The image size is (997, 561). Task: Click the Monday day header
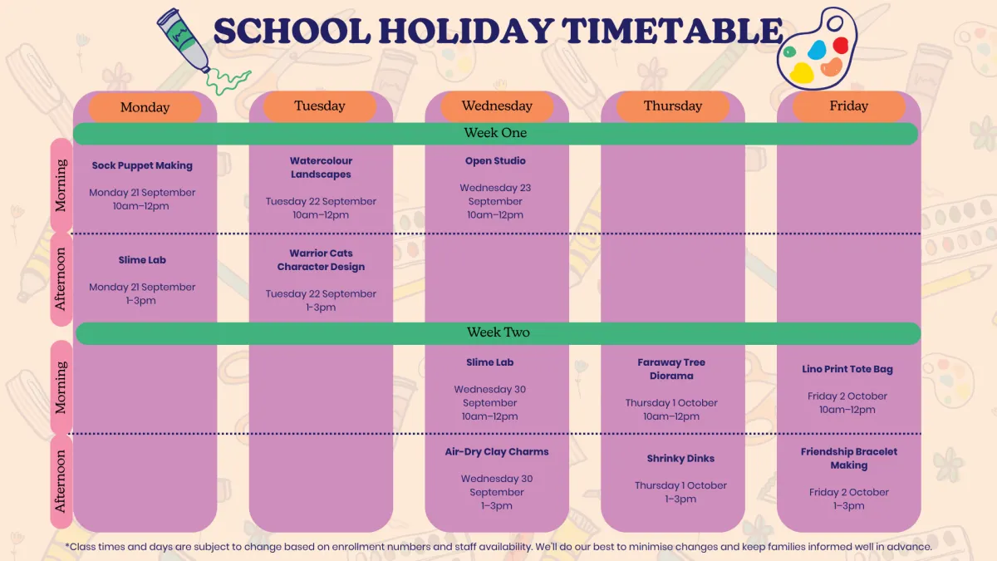click(145, 107)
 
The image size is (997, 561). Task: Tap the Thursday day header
click(672, 106)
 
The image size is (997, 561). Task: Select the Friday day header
click(849, 106)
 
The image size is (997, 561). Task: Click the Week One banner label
click(495, 133)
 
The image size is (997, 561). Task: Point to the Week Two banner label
click(498, 332)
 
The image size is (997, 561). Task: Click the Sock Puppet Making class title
click(142, 165)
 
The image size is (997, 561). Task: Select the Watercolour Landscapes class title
click(321, 167)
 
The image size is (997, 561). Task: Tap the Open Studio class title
click(495, 160)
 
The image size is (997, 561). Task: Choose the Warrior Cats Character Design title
click(321, 260)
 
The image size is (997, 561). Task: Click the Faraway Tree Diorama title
click(671, 369)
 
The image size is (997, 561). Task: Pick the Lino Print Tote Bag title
click(847, 369)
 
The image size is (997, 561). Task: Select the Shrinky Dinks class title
click(680, 459)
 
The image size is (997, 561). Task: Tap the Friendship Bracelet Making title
click(849, 459)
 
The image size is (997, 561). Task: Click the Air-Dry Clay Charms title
click(497, 452)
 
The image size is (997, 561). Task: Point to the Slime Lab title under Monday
click(142, 260)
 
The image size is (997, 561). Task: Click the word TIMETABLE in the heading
click(672, 31)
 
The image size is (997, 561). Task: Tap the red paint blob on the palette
click(841, 45)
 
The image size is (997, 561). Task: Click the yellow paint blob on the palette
click(802, 73)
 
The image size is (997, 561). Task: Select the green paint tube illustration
click(184, 40)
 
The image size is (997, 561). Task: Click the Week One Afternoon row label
click(60, 279)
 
